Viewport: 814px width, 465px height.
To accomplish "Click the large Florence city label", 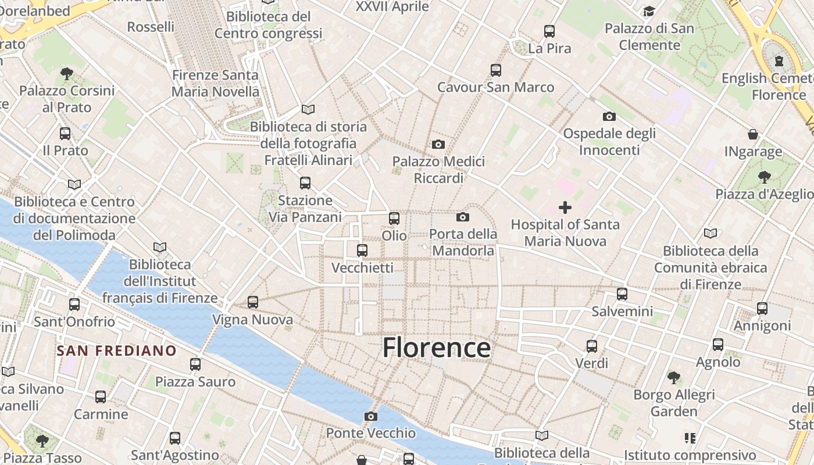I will pyautogui.click(x=436, y=348).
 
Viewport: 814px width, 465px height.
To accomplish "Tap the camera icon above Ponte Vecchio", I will pyautogui.click(x=370, y=416).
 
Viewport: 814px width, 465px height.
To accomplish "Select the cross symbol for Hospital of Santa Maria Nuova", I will pyautogui.click(x=565, y=207).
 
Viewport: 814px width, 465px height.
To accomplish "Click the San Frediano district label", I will pyautogui.click(x=117, y=350).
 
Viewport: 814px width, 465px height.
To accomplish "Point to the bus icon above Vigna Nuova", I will pyautogui.click(x=252, y=302).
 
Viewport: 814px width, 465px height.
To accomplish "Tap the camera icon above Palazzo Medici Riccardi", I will pyautogui.click(x=438, y=144).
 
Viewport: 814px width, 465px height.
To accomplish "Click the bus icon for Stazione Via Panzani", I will pyautogui.click(x=305, y=184).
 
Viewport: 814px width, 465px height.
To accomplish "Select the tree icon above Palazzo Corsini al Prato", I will pyautogui.click(x=66, y=74).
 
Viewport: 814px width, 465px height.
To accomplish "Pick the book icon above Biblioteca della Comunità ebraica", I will pyautogui.click(x=710, y=234).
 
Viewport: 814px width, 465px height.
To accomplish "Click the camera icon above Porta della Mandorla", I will pyautogui.click(x=463, y=217).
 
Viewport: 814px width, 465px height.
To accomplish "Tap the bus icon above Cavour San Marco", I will pyautogui.click(x=495, y=70).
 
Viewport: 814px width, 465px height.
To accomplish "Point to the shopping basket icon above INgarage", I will pyautogui.click(x=753, y=135).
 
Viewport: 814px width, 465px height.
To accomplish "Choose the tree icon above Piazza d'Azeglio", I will pyautogui.click(x=764, y=177).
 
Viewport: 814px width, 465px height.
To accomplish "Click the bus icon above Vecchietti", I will pyautogui.click(x=362, y=251).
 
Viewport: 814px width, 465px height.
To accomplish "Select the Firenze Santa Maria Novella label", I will pyautogui.click(x=215, y=83).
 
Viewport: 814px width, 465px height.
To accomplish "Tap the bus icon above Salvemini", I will pyautogui.click(x=622, y=294).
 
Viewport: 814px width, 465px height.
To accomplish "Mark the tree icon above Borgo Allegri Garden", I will pyautogui.click(x=673, y=378).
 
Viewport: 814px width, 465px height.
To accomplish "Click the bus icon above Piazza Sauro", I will pyautogui.click(x=195, y=364).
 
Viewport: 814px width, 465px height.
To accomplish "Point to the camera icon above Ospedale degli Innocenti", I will pyautogui.click(x=609, y=116).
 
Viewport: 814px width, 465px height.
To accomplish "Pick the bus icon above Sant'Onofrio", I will pyautogui.click(x=74, y=305).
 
